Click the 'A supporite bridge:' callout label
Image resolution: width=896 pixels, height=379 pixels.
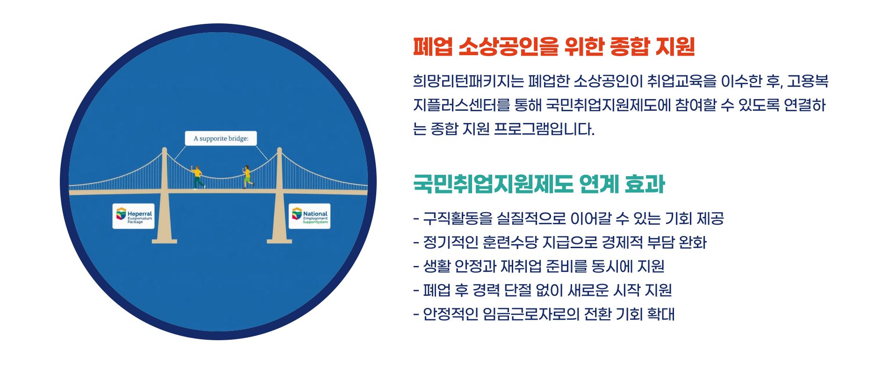click(x=221, y=138)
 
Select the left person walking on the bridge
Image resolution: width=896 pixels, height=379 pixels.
click(x=198, y=177)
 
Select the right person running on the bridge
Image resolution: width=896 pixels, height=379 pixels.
click(x=247, y=176)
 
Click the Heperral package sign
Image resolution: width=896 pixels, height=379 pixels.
click(x=134, y=216)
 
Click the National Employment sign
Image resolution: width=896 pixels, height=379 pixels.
click(x=309, y=216)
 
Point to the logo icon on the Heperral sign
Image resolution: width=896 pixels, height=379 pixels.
click(x=121, y=214)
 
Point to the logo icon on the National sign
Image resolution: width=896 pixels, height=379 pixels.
click(x=297, y=214)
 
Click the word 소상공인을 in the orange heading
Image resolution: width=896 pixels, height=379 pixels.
click(x=509, y=47)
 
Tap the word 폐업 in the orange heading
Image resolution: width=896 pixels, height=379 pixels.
click(x=432, y=47)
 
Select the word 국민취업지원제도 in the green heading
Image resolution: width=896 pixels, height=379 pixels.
click(x=493, y=184)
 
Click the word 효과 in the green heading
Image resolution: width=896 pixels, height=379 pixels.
click(x=645, y=184)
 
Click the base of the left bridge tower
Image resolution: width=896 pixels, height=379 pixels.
click(x=165, y=241)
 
